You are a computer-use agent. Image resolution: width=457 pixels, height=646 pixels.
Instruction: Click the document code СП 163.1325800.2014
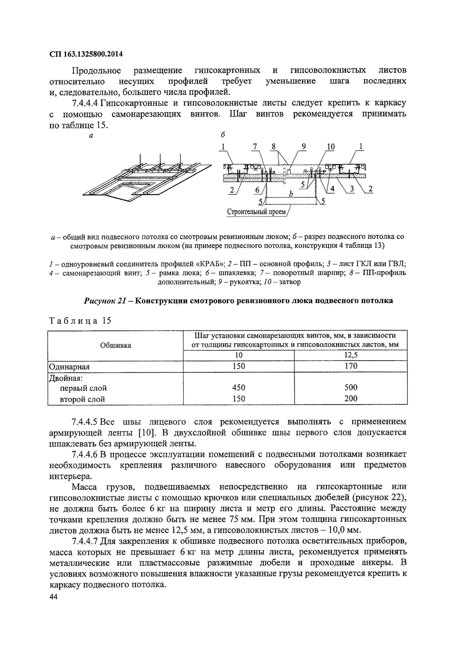(x=86, y=54)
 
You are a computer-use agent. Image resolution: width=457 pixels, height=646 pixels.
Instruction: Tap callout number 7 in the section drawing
(x=255, y=147)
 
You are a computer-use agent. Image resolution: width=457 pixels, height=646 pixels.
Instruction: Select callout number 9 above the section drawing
(x=304, y=147)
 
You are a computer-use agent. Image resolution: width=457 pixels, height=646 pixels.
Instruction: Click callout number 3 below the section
(x=352, y=189)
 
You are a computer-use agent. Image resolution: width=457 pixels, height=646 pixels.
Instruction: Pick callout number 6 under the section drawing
(x=257, y=190)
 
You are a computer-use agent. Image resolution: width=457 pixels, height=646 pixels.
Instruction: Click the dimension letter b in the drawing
(x=291, y=194)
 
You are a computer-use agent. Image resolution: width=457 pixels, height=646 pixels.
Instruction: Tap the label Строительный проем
(x=256, y=212)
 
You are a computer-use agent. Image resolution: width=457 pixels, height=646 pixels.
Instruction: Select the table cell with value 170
(x=351, y=366)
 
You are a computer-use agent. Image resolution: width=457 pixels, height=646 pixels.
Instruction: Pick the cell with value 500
(x=351, y=387)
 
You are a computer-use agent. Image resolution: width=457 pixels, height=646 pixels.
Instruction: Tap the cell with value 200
(x=351, y=398)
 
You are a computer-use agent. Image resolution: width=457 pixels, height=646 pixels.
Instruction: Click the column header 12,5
(x=351, y=355)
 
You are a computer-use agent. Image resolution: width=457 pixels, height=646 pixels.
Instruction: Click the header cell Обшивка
(x=115, y=345)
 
